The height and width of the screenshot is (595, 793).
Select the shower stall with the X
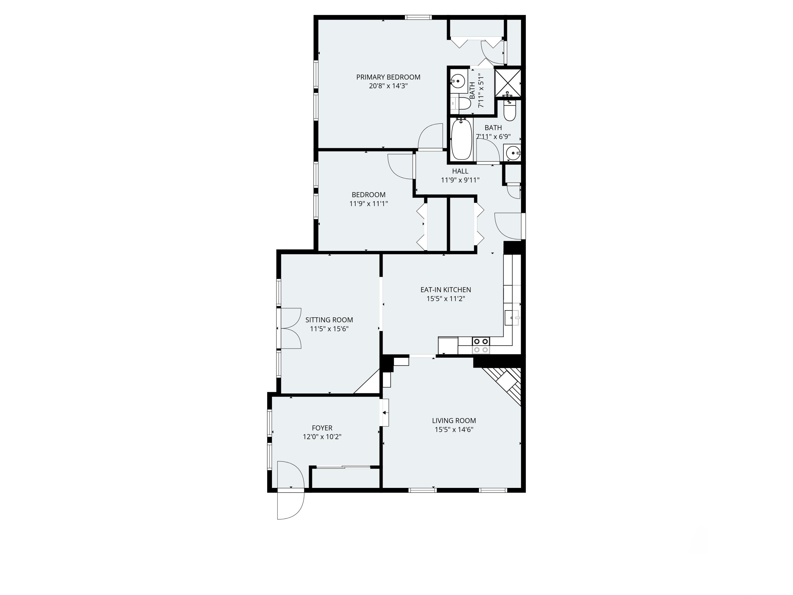pyautogui.click(x=508, y=83)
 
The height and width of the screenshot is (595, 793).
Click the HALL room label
pyautogui.click(x=460, y=171)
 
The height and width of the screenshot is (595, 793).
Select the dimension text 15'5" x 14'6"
pyautogui.click(x=454, y=430)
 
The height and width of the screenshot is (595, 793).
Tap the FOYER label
pyautogui.click(x=322, y=428)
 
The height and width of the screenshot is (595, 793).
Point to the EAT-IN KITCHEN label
pyautogui.click(x=446, y=290)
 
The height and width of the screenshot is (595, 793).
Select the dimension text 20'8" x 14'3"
pyautogui.click(x=388, y=86)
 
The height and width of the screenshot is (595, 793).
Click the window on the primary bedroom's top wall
pyautogui.click(x=418, y=17)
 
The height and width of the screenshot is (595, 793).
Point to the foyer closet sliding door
pyautogui.click(x=343, y=467)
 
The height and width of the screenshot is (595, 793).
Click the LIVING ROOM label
pyautogui.click(x=454, y=421)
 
